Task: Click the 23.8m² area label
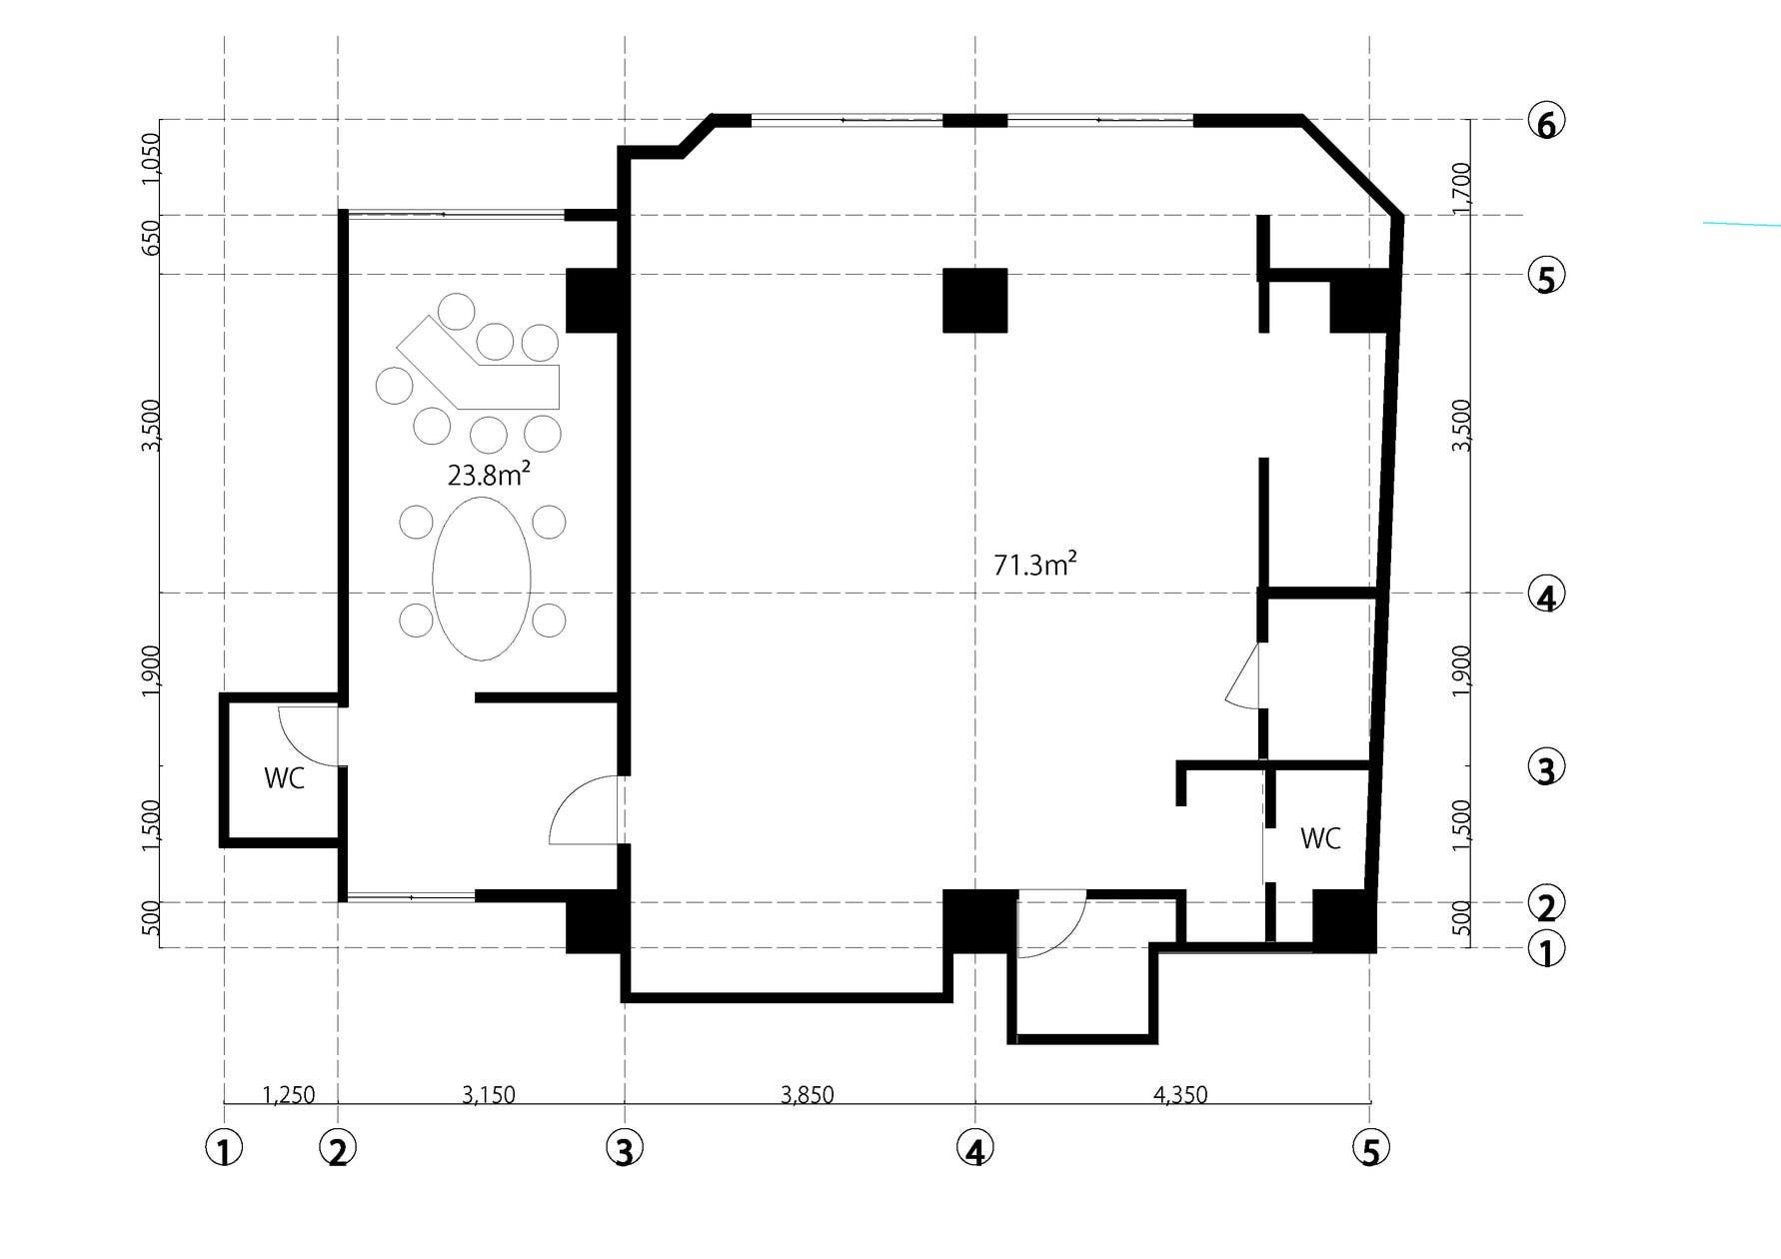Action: tap(488, 475)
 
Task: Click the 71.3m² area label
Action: tap(1034, 565)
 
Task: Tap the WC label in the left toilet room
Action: tap(284, 778)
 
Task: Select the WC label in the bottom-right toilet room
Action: tap(1320, 838)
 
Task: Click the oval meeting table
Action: tap(482, 579)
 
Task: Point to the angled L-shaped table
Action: tap(478, 366)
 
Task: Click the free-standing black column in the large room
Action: tap(974, 300)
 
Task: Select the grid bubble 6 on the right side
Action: tap(1546, 124)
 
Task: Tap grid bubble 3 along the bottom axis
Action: tap(624, 1150)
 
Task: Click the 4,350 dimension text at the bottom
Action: tap(1180, 1095)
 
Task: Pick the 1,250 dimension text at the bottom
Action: tap(288, 1095)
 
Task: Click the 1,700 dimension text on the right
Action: tap(1461, 186)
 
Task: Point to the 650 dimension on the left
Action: tap(151, 238)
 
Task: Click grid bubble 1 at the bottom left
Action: tap(224, 1150)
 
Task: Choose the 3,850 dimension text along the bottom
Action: tap(807, 1095)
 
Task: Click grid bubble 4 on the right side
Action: tap(1546, 597)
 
